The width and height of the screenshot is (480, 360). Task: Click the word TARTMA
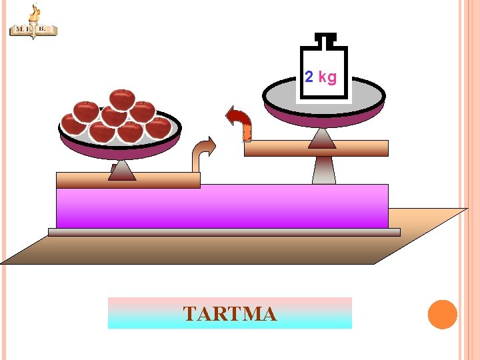click(x=229, y=313)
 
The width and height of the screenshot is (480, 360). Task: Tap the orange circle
click(x=442, y=315)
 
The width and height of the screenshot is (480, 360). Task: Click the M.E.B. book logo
click(x=33, y=29)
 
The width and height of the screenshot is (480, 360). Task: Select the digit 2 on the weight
click(x=309, y=77)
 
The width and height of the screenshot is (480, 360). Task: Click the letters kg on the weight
click(x=327, y=77)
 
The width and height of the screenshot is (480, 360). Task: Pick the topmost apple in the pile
click(x=122, y=99)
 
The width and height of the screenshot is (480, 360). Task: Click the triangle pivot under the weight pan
click(x=323, y=138)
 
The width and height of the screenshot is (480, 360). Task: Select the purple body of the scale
click(x=222, y=207)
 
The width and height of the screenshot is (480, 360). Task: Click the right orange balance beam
click(x=316, y=148)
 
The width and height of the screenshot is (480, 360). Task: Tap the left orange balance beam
click(x=128, y=180)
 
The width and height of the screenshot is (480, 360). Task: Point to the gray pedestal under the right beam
click(x=323, y=170)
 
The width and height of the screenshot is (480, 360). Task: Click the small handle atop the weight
click(x=324, y=39)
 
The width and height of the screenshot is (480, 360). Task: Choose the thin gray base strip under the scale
click(x=224, y=232)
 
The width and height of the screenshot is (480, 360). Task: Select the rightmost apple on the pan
click(x=159, y=127)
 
